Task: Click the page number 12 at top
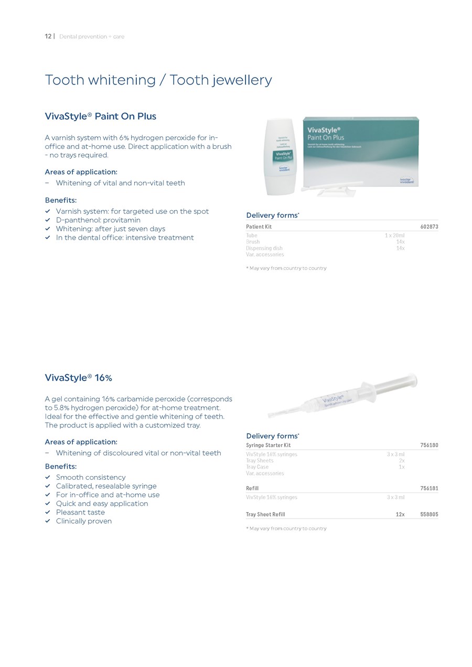coord(48,37)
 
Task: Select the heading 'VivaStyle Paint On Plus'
coord(101,116)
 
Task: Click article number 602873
coord(429,227)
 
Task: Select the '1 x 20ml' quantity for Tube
coord(394,236)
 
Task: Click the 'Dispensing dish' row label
coord(264,249)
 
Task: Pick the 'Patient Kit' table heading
coord(259,227)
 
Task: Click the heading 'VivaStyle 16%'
coord(79,378)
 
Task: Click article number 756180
coord(429,445)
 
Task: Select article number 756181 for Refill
coord(429,488)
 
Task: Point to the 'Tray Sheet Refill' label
coord(266,514)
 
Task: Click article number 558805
coord(429,514)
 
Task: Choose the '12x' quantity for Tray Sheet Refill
coord(400,514)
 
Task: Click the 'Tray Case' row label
coord(258,467)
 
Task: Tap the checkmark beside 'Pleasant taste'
coord(47,512)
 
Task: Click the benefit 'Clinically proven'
coord(84,521)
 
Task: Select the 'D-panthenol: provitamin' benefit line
coord(98,220)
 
